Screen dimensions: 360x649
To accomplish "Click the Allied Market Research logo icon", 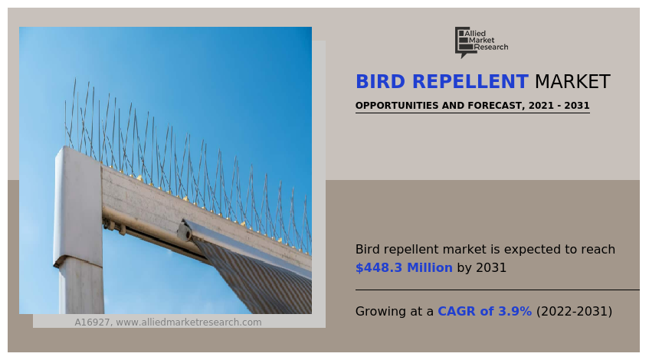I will pos(463,42).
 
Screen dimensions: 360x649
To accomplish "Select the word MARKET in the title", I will pos(572,82).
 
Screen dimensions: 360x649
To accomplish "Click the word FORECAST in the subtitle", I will pos(493,106).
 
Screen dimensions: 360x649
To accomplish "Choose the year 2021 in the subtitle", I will pos(541,106).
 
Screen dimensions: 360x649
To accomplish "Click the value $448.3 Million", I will pos(404,268).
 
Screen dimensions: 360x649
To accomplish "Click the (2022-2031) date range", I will pos(574,312).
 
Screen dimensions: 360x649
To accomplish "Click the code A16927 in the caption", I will pos(92,322).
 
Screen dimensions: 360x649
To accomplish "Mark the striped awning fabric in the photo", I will pos(261,283).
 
